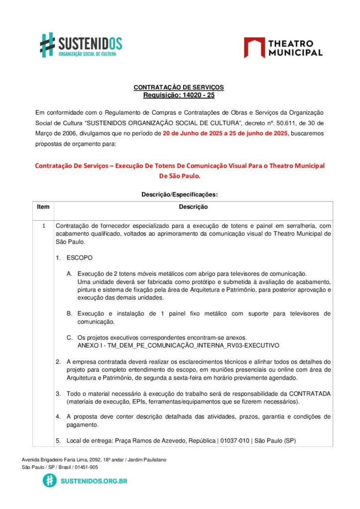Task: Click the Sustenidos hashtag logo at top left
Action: tap(48, 45)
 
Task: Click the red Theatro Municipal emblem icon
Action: tap(254, 47)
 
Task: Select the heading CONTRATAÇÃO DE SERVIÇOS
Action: tap(179, 87)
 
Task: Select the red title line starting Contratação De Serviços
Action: tap(180, 166)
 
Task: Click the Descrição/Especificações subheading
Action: tap(180, 195)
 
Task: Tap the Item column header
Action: tap(43, 206)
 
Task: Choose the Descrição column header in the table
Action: tap(193, 206)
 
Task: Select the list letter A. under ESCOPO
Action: tap(69, 274)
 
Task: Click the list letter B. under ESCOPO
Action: tap(69, 314)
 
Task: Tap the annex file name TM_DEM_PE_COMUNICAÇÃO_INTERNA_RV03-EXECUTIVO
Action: tap(187, 345)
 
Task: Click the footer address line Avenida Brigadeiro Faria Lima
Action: tap(94, 460)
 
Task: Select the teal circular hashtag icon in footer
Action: tap(49, 481)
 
